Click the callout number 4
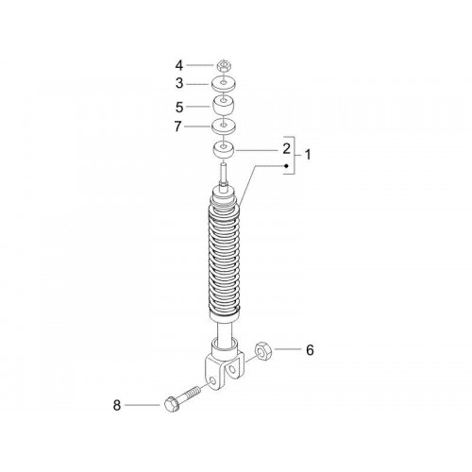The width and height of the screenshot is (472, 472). [179, 66]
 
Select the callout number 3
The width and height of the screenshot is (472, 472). [179, 84]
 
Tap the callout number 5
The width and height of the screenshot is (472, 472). [179, 108]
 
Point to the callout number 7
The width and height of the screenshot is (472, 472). [178, 126]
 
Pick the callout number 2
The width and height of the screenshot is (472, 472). [286, 149]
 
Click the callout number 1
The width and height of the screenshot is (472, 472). [308, 155]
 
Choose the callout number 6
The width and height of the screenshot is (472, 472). [310, 350]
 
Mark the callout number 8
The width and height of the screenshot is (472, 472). [117, 405]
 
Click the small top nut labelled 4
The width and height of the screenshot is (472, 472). [224, 66]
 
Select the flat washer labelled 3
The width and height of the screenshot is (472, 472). [223, 84]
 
